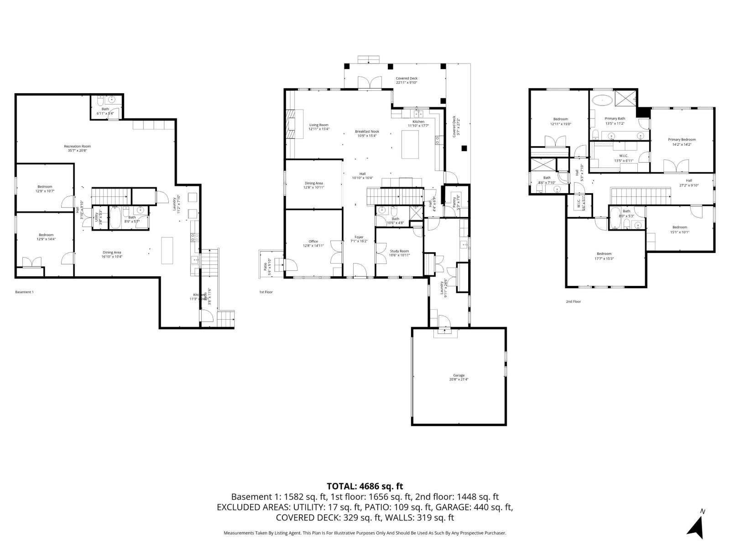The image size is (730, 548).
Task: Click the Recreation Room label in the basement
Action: pyautogui.click(x=77, y=148)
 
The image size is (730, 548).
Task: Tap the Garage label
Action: pyautogui.click(x=459, y=377)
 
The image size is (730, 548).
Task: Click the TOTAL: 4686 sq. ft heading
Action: pyautogui.click(x=365, y=486)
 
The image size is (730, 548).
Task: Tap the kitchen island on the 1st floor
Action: pyautogui.click(x=410, y=144)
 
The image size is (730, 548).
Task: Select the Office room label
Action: pyautogui.click(x=313, y=243)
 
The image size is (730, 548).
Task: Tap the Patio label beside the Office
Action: pyautogui.click(x=266, y=265)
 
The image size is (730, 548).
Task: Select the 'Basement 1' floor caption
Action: pyautogui.click(x=24, y=292)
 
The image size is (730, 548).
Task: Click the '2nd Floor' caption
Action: pyautogui.click(x=573, y=301)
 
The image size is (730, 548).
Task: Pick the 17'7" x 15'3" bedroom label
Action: pyautogui.click(x=604, y=256)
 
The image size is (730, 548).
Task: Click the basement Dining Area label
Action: pyautogui.click(x=112, y=254)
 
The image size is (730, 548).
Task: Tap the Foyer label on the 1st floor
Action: pyautogui.click(x=360, y=239)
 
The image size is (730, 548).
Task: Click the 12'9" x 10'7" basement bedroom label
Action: pyautogui.click(x=45, y=189)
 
